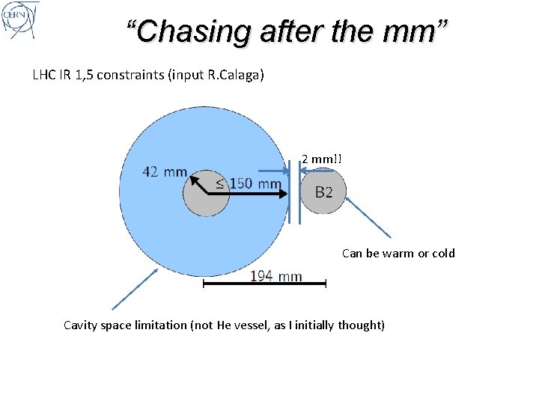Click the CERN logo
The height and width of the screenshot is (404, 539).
click(x=20, y=20)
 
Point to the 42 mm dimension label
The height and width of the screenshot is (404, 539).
click(x=165, y=172)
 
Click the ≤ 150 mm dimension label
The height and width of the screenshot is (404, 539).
click(x=249, y=183)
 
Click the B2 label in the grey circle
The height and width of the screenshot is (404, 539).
click(x=323, y=192)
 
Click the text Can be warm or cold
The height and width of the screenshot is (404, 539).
click(x=398, y=253)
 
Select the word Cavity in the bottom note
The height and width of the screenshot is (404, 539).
click(x=81, y=325)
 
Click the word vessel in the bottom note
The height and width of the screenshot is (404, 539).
click(x=249, y=325)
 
